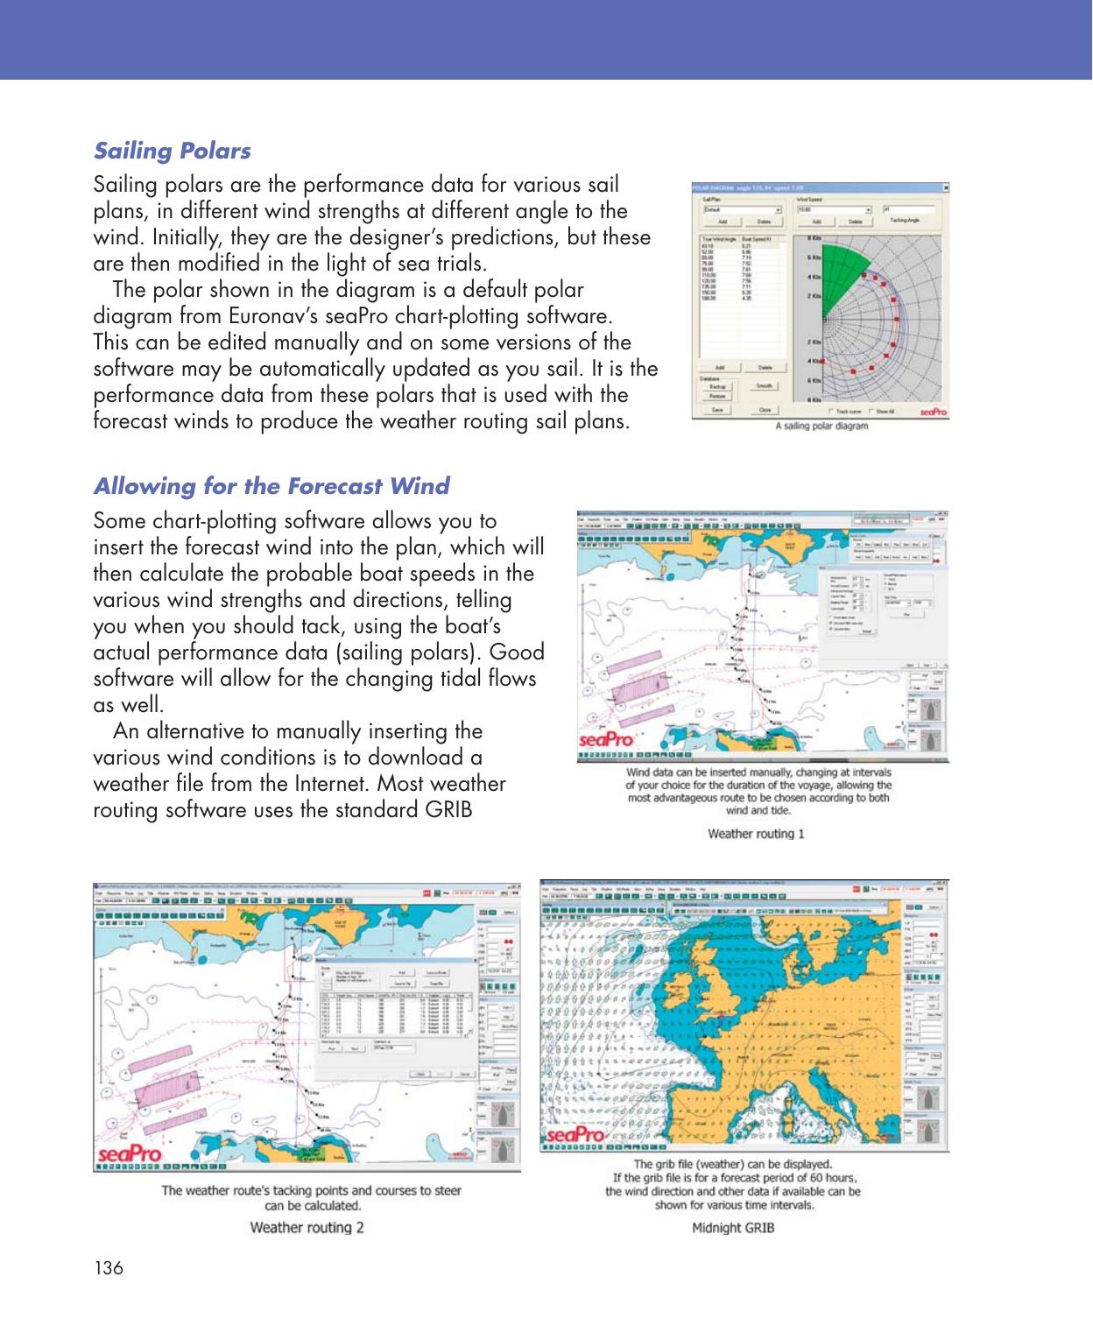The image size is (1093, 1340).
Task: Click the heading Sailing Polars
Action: (x=172, y=151)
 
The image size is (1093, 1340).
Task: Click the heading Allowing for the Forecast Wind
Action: (x=271, y=485)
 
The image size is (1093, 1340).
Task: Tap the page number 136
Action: (x=106, y=1268)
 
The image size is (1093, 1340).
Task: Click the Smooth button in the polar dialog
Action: (x=764, y=384)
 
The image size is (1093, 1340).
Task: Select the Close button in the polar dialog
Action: (x=764, y=409)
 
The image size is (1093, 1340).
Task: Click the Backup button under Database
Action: (x=716, y=384)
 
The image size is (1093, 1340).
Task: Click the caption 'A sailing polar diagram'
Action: (x=822, y=427)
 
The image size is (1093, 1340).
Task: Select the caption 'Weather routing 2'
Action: (x=307, y=1226)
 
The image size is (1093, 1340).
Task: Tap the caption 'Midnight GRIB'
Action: (x=733, y=1226)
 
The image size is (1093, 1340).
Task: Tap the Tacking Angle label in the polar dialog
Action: (x=905, y=222)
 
